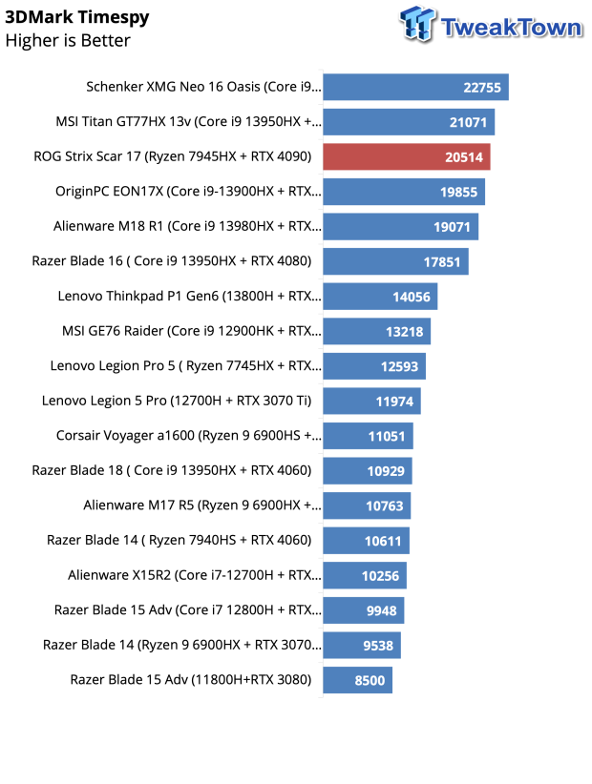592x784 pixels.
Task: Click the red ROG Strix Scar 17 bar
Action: click(x=407, y=157)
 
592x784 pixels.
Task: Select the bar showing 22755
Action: click(x=416, y=87)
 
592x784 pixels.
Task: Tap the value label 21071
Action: click(x=468, y=122)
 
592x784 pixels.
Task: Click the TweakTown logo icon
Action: click(x=417, y=24)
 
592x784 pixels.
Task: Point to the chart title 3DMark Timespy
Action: click(x=77, y=17)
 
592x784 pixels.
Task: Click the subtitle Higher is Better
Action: click(x=68, y=40)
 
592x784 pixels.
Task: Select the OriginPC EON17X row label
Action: click(x=188, y=192)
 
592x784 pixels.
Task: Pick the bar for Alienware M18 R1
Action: click(x=400, y=227)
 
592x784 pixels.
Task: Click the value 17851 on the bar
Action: click(x=441, y=262)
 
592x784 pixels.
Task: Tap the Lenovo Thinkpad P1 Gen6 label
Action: click(x=189, y=296)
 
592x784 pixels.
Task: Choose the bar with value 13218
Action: click(x=377, y=332)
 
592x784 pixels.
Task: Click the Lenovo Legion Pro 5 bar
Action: click(x=374, y=366)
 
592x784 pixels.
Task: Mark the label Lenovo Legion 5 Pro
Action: click(x=177, y=401)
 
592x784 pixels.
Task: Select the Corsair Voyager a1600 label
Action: click(x=189, y=436)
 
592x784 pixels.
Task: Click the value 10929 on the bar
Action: click(x=386, y=471)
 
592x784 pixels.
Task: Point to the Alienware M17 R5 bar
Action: click(x=367, y=506)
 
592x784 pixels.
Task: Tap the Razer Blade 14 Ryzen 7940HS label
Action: click(x=180, y=540)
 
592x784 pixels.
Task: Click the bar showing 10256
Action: click(x=365, y=575)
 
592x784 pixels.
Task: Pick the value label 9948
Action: click(x=381, y=610)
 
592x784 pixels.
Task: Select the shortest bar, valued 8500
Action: click(x=358, y=680)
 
